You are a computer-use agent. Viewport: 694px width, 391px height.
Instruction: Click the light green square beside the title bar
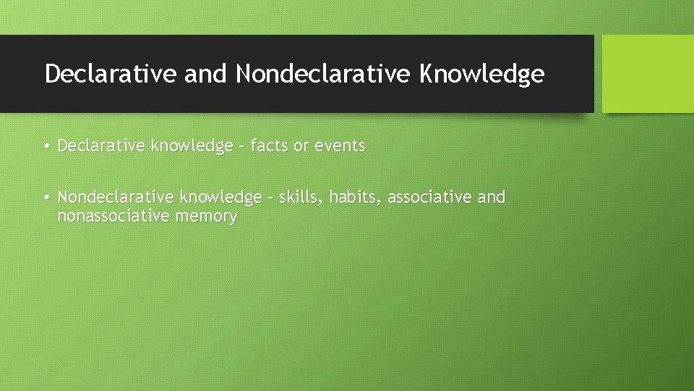(648, 74)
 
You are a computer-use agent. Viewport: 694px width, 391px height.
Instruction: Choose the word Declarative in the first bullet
(101, 146)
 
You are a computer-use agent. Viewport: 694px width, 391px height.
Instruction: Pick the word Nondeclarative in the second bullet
(116, 197)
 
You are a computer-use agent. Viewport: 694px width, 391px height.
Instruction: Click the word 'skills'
(301, 197)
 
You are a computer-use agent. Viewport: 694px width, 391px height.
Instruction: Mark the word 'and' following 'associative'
(491, 197)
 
